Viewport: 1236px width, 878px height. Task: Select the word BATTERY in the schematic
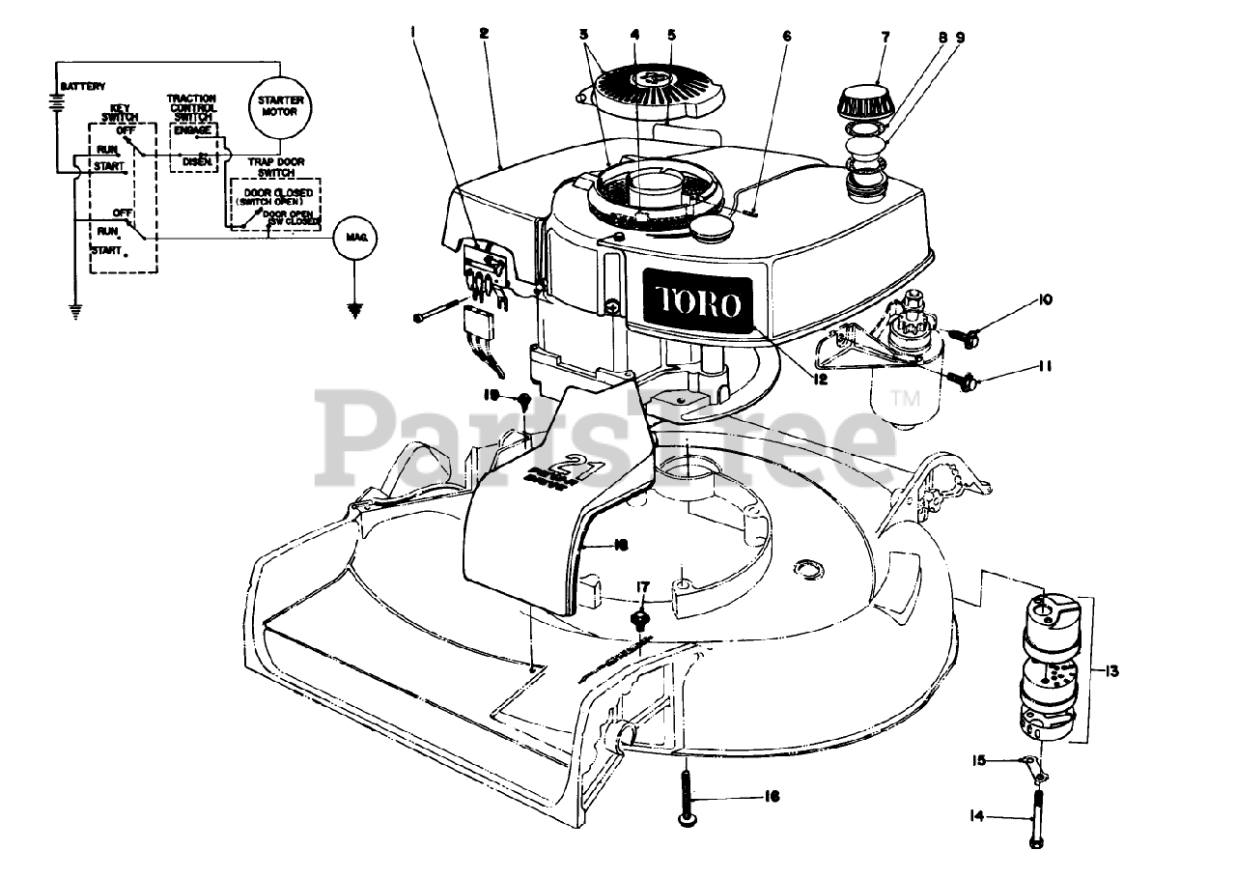point(82,87)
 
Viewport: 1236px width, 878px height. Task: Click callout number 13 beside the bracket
point(1111,669)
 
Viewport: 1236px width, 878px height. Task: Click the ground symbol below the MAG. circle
point(354,310)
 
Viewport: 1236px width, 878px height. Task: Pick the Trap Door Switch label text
point(271,166)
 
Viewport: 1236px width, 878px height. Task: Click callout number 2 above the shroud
point(484,32)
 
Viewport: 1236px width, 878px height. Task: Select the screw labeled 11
point(966,382)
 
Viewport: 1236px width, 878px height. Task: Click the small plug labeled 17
point(638,618)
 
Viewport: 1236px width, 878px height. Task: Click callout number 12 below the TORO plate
point(820,380)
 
